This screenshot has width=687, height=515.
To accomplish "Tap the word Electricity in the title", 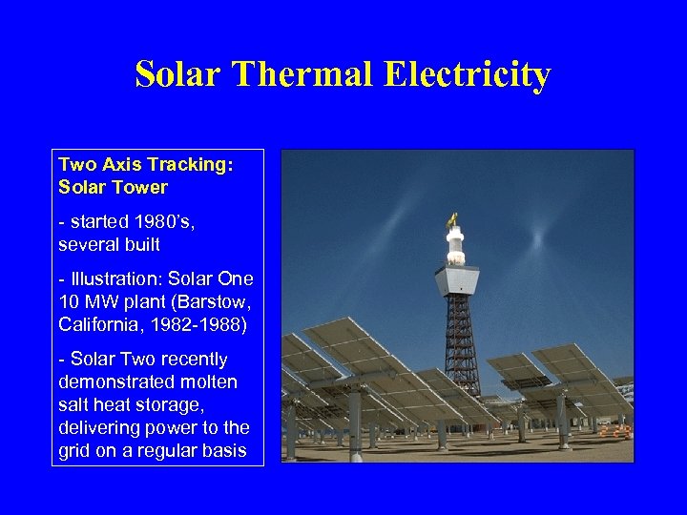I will pyautogui.click(x=467, y=74).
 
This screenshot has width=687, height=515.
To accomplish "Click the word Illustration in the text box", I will pyautogui.click(x=114, y=279).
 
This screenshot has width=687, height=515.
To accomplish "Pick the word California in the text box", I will pyautogui.click(x=95, y=324).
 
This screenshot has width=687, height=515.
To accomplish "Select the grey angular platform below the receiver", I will pyautogui.click(x=456, y=282).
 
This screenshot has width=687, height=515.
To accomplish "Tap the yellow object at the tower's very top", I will pyautogui.click(x=452, y=222).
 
